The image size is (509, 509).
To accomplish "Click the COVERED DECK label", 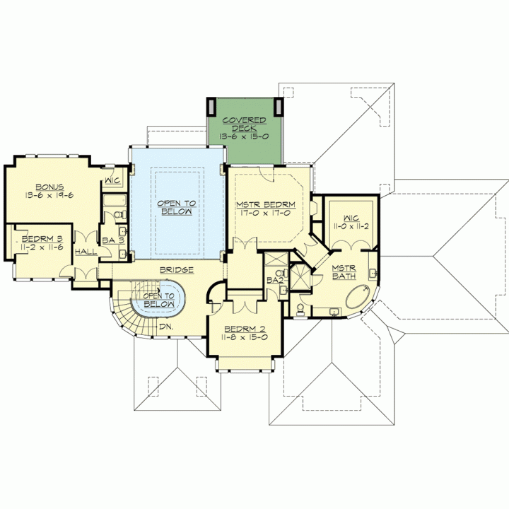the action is (x=244, y=124).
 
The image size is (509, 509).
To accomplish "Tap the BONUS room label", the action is (x=49, y=187).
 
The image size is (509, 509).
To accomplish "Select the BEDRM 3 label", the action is (x=42, y=239).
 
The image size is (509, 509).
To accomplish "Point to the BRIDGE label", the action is (x=177, y=270).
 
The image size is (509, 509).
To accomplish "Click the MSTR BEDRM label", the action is (x=266, y=205).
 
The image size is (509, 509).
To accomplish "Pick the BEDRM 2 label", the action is (x=245, y=329).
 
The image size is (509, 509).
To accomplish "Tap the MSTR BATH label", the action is (x=344, y=272).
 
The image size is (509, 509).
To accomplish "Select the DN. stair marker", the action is (x=166, y=327).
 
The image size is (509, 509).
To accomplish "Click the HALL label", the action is (x=86, y=252).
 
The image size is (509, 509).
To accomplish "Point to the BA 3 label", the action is (x=113, y=240).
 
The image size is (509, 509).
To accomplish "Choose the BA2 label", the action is (x=275, y=280).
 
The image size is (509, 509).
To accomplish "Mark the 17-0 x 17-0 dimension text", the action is (x=266, y=213).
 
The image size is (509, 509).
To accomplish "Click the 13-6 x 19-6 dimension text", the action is (x=49, y=195).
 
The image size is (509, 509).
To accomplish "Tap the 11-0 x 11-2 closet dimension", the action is (x=351, y=226).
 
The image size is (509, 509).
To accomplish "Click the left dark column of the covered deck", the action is (x=211, y=106).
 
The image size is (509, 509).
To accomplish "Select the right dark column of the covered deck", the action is (x=279, y=107).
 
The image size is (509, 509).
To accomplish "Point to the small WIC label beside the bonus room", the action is (x=112, y=180).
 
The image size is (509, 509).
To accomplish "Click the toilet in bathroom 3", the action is (x=120, y=214).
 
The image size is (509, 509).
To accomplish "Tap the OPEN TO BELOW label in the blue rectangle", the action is (x=177, y=207).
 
